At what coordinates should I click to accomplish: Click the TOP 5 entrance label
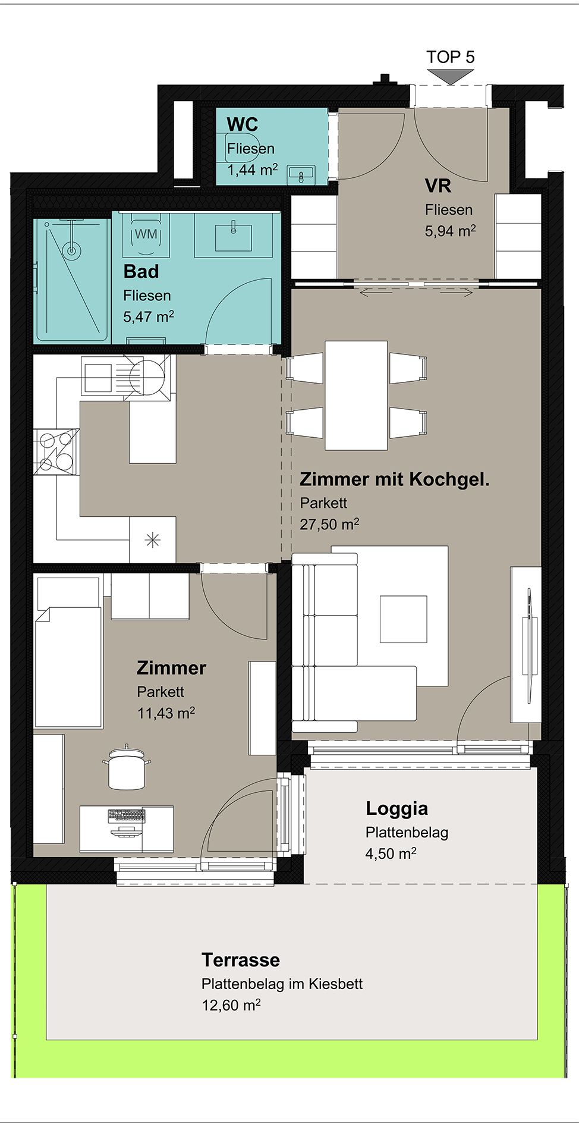tap(451, 57)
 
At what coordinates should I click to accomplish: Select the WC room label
tap(243, 124)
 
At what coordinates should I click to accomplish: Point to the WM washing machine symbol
tap(146, 234)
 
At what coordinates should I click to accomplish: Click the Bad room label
tap(141, 272)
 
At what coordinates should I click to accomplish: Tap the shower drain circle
tap(72, 250)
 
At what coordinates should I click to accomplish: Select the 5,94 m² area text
tap(450, 231)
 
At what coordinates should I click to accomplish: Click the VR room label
tap(438, 186)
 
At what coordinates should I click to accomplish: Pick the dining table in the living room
tap(356, 396)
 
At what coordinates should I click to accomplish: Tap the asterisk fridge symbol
tap(153, 540)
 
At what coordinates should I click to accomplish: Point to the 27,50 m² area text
tap(329, 524)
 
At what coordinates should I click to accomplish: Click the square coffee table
tap(404, 619)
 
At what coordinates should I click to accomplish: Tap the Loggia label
tap(397, 809)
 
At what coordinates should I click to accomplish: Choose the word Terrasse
tap(241, 960)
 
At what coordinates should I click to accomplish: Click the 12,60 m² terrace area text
tap(231, 1005)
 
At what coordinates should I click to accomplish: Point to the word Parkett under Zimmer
tap(161, 692)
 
